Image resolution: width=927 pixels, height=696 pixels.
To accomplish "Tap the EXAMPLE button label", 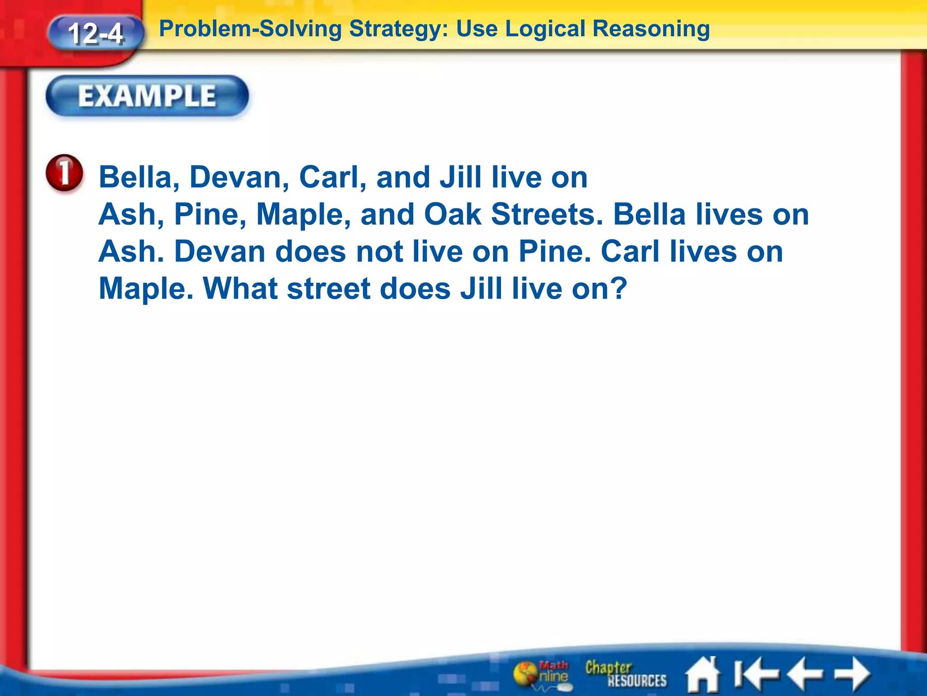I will tap(147, 96).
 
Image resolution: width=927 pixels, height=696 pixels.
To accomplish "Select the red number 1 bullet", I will tap(65, 173).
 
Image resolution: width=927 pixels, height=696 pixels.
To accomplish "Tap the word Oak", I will tap(452, 214).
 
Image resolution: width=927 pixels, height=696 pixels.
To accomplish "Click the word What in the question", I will tap(240, 288).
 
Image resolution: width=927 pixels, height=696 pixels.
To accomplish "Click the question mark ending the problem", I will tap(618, 288).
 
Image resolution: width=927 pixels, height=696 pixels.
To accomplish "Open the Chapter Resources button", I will tap(626, 674).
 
